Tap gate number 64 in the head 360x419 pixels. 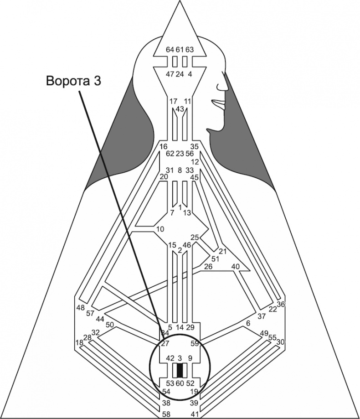[x=170, y=50]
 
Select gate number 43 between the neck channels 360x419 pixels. [x=180, y=109]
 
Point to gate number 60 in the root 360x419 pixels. [x=180, y=383]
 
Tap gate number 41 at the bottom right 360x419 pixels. [x=195, y=414]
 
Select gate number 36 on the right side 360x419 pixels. [x=281, y=304]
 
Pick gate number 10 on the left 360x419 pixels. [x=160, y=228]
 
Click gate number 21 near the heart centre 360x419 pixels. [x=223, y=251]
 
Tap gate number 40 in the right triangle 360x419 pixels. [x=236, y=266]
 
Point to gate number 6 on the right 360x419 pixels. [x=248, y=323]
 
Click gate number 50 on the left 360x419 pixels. [x=110, y=325]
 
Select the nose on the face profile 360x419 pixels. [x=222, y=85]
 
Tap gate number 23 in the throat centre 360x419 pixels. [x=180, y=154]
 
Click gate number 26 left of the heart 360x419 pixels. [x=208, y=266]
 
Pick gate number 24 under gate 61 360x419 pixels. [x=180, y=74]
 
